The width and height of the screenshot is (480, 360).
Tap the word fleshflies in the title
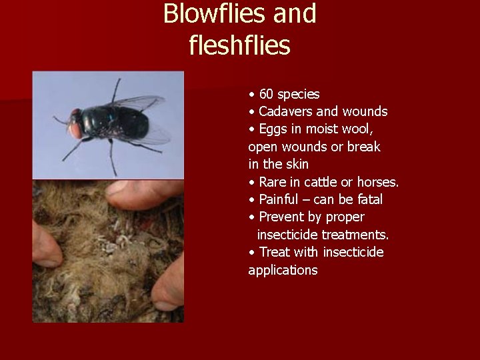[x=240, y=45]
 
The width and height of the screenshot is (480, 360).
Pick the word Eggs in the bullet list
[x=273, y=129]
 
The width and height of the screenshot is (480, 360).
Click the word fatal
[x=368, y=199]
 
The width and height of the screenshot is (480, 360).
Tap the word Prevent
[x=283, y=217]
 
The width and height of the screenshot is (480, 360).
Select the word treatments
[x=355, y=235]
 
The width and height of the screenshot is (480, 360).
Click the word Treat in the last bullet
[x=274, y=252]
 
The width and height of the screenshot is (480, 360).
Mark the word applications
[x=283, y=271]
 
